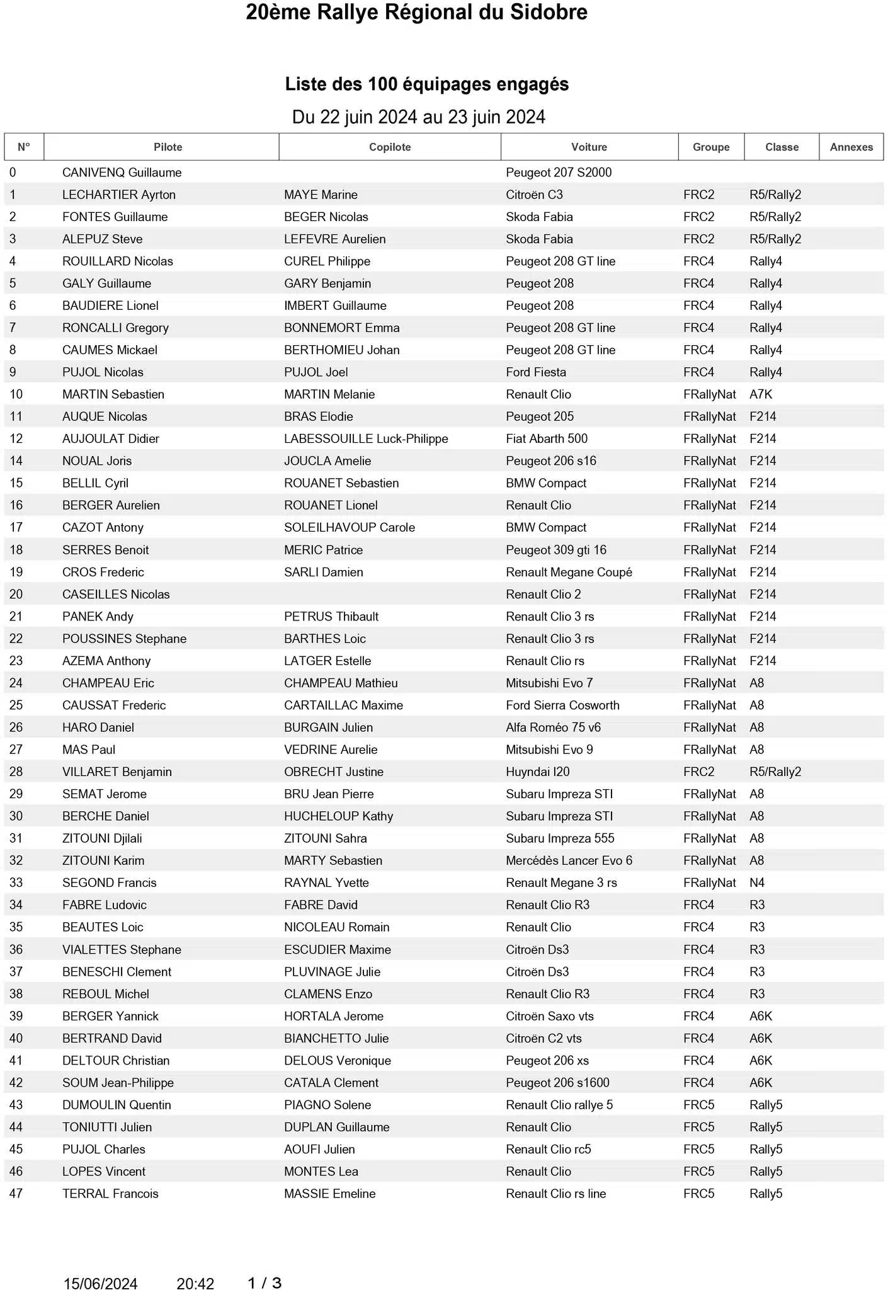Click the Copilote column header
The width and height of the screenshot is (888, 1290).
click(x=390, y=147)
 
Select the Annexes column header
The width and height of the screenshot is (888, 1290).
click(x=851, y=147)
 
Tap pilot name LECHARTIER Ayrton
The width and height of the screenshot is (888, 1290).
click(x=118, y=195)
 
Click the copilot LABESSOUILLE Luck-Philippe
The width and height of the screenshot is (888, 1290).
click(x=366, y=438)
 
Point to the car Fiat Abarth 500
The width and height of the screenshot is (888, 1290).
click(x=546, y=438)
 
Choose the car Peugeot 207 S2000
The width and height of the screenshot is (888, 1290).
click(x=559, y=173)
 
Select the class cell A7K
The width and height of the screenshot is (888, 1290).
click(x=760, y=394)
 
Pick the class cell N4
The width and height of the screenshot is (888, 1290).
click(x=756, y=882)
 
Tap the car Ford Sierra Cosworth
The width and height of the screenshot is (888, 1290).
click(x=562, y=705)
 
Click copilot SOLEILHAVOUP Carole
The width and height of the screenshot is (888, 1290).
click(x=350, y=527)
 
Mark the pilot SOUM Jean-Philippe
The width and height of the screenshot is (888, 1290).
click(x=118, y=1083)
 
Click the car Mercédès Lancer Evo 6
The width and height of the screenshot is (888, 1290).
click(x=569, y=860)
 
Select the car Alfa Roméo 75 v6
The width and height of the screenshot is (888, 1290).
click(x=553, y=728)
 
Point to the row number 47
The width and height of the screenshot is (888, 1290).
click(x=16, y=1194)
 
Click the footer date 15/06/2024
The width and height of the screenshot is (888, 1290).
click(x=100, y=1283)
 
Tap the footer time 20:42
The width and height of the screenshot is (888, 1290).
click(x=195, y=1283)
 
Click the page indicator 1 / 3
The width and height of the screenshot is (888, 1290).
click(x=265, y=1282)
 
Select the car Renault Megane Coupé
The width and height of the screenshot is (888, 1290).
click(x=569, y=572)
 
